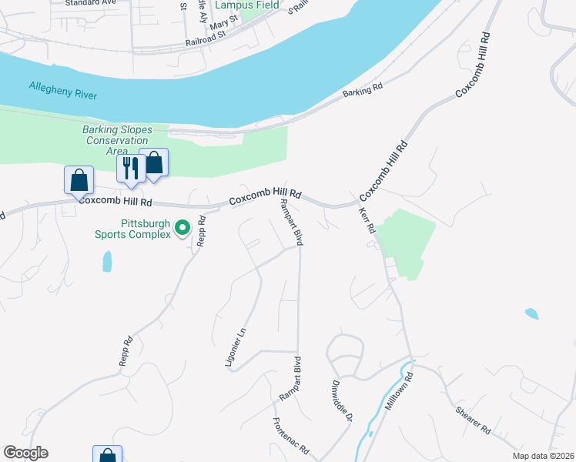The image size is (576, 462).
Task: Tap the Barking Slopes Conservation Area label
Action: pyautogui.click(x=117, y=140)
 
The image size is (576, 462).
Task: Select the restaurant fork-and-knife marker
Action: pyautogui.click(x=131, y=168)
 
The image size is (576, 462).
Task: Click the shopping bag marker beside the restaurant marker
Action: pyautogui.click(x=154, y=162)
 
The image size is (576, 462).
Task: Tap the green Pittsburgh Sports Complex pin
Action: pyautogui.click(x=183, y=227)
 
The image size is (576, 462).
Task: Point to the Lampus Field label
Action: pyautogui.click(x=247, y=5)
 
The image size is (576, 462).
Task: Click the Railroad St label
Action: pyautogui.click(x=206, y=38)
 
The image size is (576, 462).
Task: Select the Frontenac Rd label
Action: pyautogui.click(x=290, y=436)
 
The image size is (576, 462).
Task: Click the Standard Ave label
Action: pyautogui.click(x=89, y=3)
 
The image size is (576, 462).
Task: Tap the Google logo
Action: pyautogui.click(x=25, y=453)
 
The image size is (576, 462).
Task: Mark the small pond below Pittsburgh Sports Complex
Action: pyautogui.click(x=106, y=262)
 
